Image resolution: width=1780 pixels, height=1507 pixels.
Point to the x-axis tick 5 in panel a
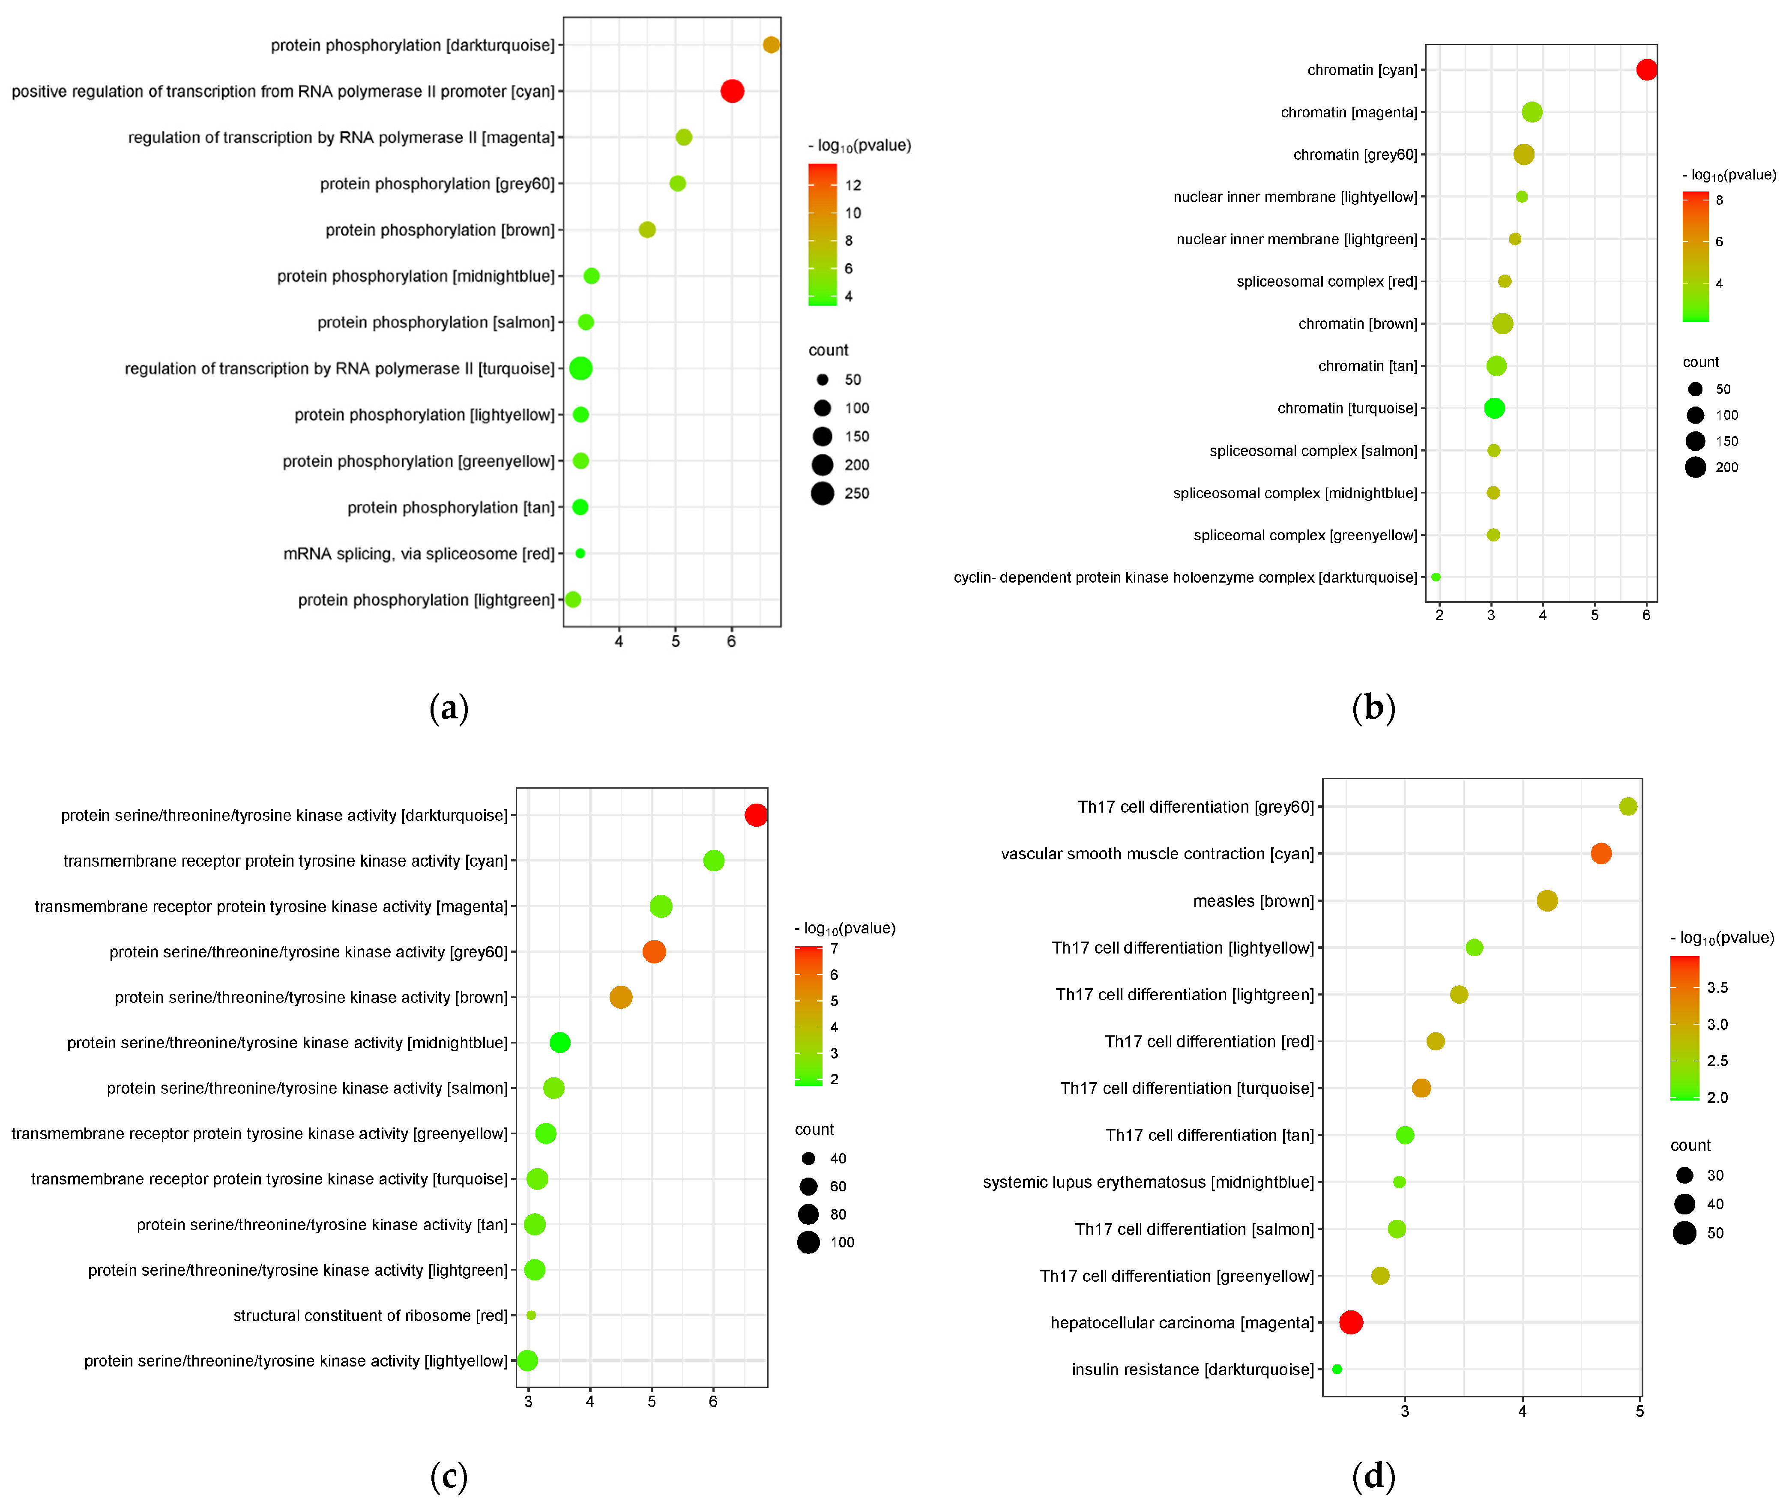[x=675, y=641]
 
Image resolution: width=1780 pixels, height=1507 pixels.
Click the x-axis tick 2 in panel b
[x=1439, y=614]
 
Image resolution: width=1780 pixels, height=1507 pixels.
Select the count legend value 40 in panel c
[x=838, y=1158]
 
